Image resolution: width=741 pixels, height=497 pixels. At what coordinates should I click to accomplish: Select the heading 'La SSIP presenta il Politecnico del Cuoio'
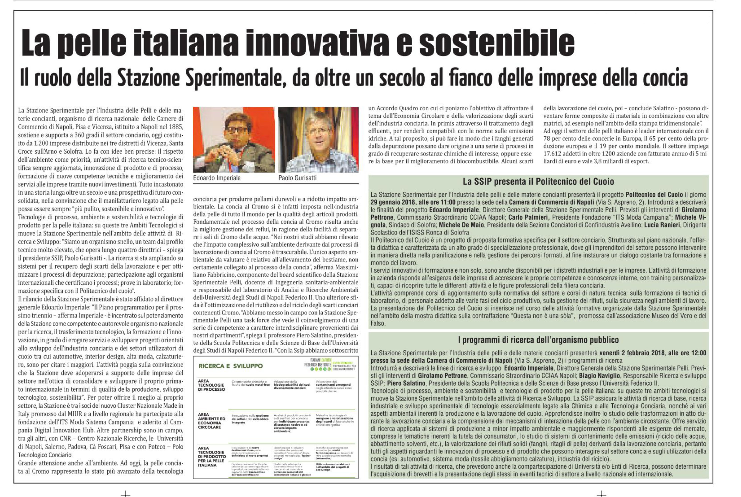pyautogui.click(x=538, y=182)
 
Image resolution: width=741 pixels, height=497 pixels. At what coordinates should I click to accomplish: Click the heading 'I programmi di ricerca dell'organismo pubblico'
pyautogui.click(x=538, y=340)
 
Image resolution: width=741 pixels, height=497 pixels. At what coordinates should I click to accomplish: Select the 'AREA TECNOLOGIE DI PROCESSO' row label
pyautogui.click(x=211, y=385)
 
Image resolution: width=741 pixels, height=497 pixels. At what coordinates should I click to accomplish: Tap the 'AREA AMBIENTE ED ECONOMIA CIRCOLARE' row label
pyautogui.click(x=212, y=421)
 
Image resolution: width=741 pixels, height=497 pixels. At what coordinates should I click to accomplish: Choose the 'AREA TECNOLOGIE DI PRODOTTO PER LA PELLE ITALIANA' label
pyautogui.click(x=212, y=457)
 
